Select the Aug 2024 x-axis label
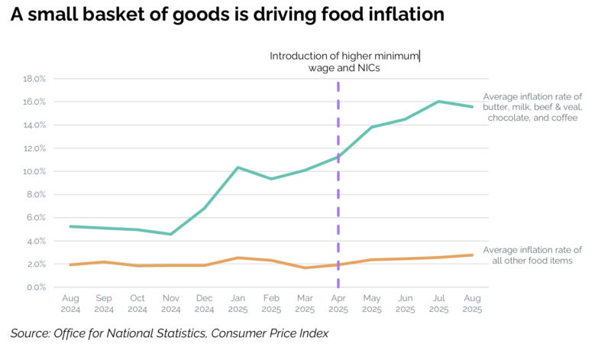coord(70,304)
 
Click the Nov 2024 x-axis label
coord(170,304)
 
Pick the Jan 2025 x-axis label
coord(238,304)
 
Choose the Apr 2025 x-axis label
coord(338,304)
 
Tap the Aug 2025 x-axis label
coord(472,304)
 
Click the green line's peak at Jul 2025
coord(438,101)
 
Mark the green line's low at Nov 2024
coord(170,234)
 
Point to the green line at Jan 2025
coord(238,167)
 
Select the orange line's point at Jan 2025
coord(238,258)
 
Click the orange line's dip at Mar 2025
coord(305,268)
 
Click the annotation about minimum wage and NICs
coord(344,62)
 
